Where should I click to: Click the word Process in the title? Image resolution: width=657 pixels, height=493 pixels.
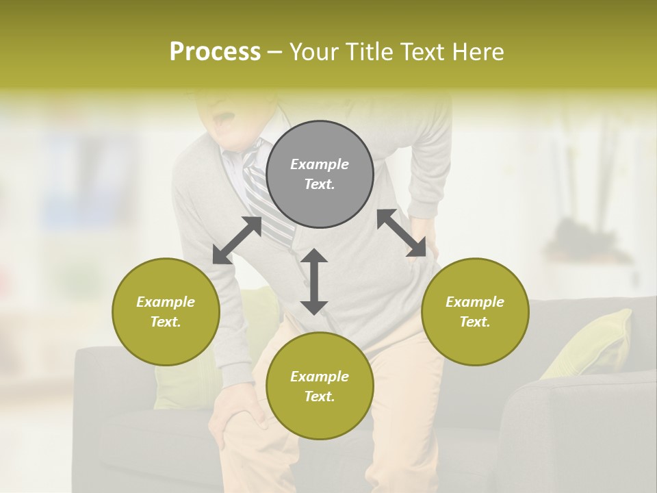(215, 52)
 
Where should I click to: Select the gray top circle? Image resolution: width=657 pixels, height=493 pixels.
(320, 175)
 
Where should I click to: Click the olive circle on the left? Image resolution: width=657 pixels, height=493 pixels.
(166, 312)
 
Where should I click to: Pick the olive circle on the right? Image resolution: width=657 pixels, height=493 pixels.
(475, 312)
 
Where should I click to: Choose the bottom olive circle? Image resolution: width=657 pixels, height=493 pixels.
(320, 386)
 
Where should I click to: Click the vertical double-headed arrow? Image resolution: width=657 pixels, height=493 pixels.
(314, 281)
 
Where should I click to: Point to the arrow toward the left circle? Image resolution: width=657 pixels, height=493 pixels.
(237, 240)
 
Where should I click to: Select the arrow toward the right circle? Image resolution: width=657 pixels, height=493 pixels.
(407, 233)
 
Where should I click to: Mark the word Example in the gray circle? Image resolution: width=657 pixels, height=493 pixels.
(320, 164)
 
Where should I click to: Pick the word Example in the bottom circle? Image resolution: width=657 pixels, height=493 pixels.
(320, 377)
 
